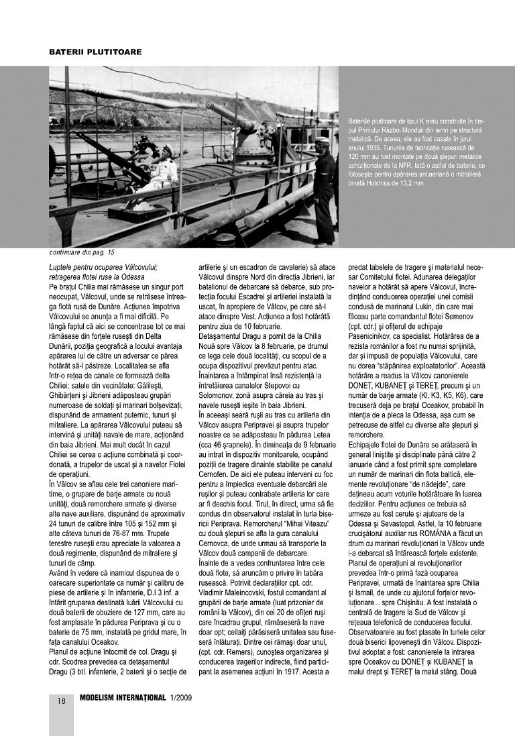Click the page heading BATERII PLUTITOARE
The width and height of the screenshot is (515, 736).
[95, 52]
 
